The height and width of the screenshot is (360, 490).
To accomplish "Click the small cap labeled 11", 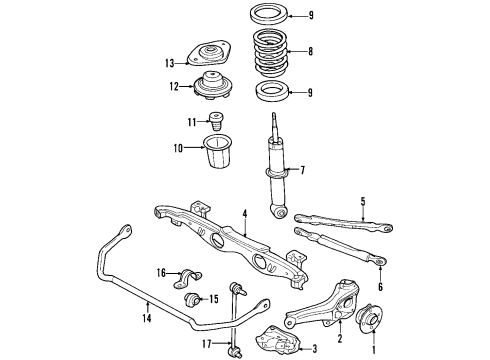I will pyautogui.click(x=215, y=123).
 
